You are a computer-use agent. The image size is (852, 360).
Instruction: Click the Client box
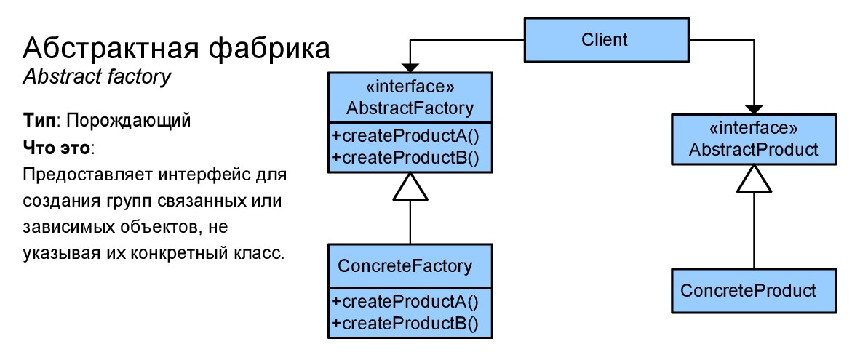[x=605, y=40]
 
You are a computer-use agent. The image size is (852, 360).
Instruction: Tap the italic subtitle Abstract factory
[x=97, y=76]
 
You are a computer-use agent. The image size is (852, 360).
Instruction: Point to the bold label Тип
[x=39, y=120]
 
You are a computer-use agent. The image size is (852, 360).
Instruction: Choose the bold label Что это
[x=57, y=148]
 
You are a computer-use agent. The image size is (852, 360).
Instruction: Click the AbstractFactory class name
[x=410, y=109]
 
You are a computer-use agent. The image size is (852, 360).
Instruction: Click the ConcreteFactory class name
[x=405, y=266]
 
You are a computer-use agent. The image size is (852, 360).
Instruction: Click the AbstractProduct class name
[x=753, y=150]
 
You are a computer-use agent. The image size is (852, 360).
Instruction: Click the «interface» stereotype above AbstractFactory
[x=410, y=88]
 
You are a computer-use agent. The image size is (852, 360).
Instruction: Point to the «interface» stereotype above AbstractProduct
[x=753, y=129]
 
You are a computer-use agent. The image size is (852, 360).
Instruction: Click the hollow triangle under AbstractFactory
[x=410, y=188]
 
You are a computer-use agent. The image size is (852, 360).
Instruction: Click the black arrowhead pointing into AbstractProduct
[x=754, y=108]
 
